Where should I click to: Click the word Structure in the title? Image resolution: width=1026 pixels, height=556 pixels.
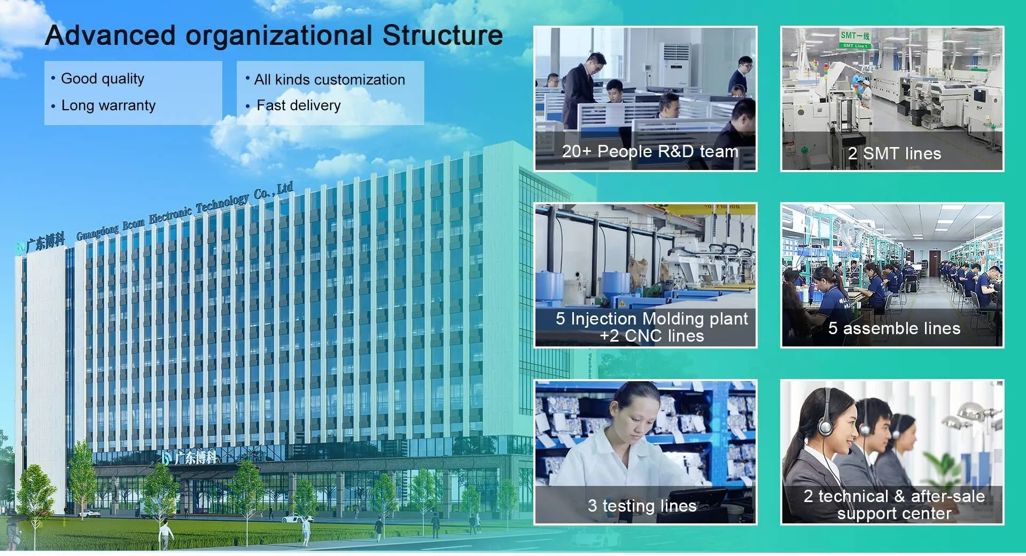pyautogui.click(x=442, y=35)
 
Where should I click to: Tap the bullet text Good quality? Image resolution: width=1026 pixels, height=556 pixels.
pyautogui.click(x=103, y=79)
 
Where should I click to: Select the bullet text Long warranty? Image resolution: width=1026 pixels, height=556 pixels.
pyautogui.click(x=108, y=105)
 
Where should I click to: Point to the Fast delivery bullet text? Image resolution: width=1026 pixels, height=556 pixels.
pyautogui.click(x=299, y=105)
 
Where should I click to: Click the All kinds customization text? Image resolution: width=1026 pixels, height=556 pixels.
pyautogui.click(x=330, y=80)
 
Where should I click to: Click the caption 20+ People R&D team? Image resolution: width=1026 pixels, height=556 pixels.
pyautogui.click(x=650, y=151)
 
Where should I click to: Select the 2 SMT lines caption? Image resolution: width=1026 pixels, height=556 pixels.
pyautogui.click(x=895, y=154)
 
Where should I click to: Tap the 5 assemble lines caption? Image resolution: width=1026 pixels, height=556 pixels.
pyautogui.click(x=895, y=328)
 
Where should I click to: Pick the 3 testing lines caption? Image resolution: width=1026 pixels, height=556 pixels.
pyautogui.click(x=642, y=506)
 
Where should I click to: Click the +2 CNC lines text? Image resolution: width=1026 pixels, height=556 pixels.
pyautogui.click(x=652, y=336)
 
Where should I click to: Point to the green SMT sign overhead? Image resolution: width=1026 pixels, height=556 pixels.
pyautogui.click(x=855, y=38)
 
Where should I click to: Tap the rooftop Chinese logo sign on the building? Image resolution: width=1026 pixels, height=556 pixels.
pyautogui.click(x=41, y=244)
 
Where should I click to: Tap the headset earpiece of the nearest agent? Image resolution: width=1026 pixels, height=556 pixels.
pyautogui.click(x=826, y=426)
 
